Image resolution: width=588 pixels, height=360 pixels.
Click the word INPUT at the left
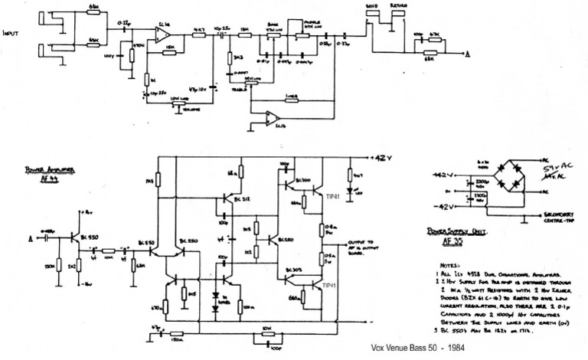click(x=13, y=33)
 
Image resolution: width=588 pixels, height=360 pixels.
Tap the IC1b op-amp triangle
click(x=271, y=116)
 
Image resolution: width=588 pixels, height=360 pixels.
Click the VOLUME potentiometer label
click(x=181, y=107)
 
